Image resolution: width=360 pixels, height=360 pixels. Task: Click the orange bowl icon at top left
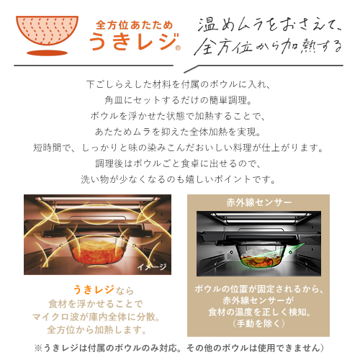(47, 31)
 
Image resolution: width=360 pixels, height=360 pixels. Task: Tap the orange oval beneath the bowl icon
(47, 53)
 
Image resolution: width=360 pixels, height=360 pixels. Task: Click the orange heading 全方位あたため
(135, 25)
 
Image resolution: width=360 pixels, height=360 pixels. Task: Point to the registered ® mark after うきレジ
(178, 48)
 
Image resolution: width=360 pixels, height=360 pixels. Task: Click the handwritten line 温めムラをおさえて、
(269, 25)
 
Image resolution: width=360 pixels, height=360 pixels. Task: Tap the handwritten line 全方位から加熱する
(268, 46)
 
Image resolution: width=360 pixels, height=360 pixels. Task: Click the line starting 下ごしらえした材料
(179, 84)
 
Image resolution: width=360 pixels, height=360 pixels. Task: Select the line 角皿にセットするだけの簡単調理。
(179, 100)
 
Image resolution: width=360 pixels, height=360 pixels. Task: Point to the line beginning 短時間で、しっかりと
(179, 148)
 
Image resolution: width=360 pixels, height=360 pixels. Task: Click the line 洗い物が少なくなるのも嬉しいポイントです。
(179, 179)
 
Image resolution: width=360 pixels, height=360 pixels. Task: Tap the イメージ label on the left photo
(152, 266)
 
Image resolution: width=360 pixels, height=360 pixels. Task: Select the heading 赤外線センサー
(258, 203)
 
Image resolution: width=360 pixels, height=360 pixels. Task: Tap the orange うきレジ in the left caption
(94, 289)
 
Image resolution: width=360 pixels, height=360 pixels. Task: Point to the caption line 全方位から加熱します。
(96, 330)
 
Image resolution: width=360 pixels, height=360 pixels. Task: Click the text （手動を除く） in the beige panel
(258, 323)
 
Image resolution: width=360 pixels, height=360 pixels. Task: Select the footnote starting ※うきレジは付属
(179, 348)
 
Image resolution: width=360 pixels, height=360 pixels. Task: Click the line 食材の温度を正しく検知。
(259, 312)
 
